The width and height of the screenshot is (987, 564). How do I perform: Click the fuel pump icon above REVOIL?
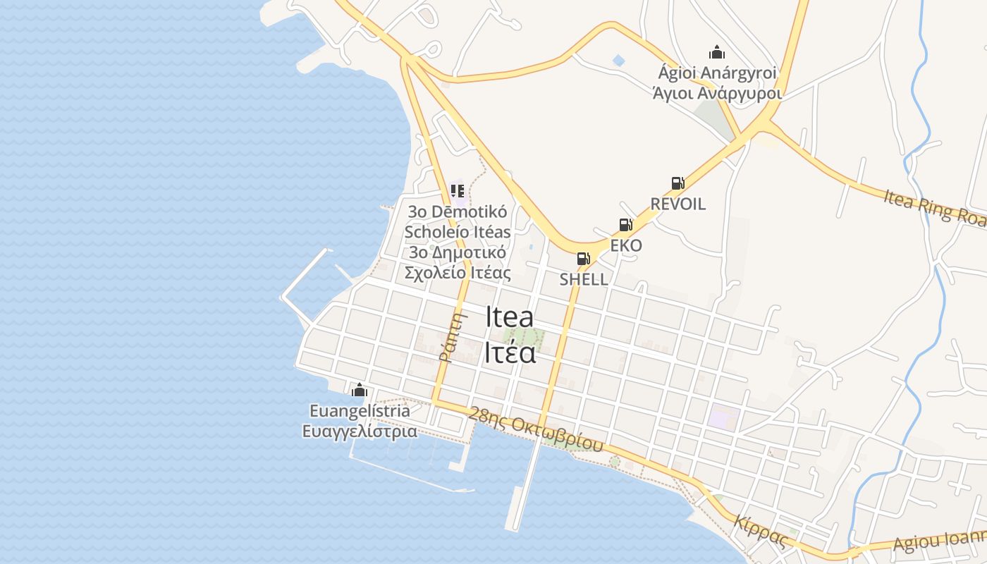[678, 183]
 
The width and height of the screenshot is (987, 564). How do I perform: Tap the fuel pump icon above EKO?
[625, 225]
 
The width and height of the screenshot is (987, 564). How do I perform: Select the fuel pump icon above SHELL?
[583, 259]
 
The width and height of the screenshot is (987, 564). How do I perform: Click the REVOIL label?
[678, 204]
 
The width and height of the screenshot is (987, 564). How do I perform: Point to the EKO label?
[626, 246]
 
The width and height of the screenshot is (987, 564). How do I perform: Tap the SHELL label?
[584, 279]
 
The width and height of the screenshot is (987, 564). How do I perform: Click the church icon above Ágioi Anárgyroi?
[717, 52]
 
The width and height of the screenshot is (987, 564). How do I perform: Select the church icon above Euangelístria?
[360, 389]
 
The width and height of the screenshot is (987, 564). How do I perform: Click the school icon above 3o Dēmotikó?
[458, 190]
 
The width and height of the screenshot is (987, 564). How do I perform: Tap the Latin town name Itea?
[510, 317]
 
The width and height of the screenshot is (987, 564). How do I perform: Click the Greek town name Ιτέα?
[510, 352]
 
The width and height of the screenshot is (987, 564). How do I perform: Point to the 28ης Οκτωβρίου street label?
[537, 429]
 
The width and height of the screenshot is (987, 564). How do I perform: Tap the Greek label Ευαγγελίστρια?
[360, 431]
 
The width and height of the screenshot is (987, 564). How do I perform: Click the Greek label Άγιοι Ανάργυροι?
[717, 93]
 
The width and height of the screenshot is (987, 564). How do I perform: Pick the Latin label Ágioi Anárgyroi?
[717, 73]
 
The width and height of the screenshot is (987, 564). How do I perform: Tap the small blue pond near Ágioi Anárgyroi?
[619, 61]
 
